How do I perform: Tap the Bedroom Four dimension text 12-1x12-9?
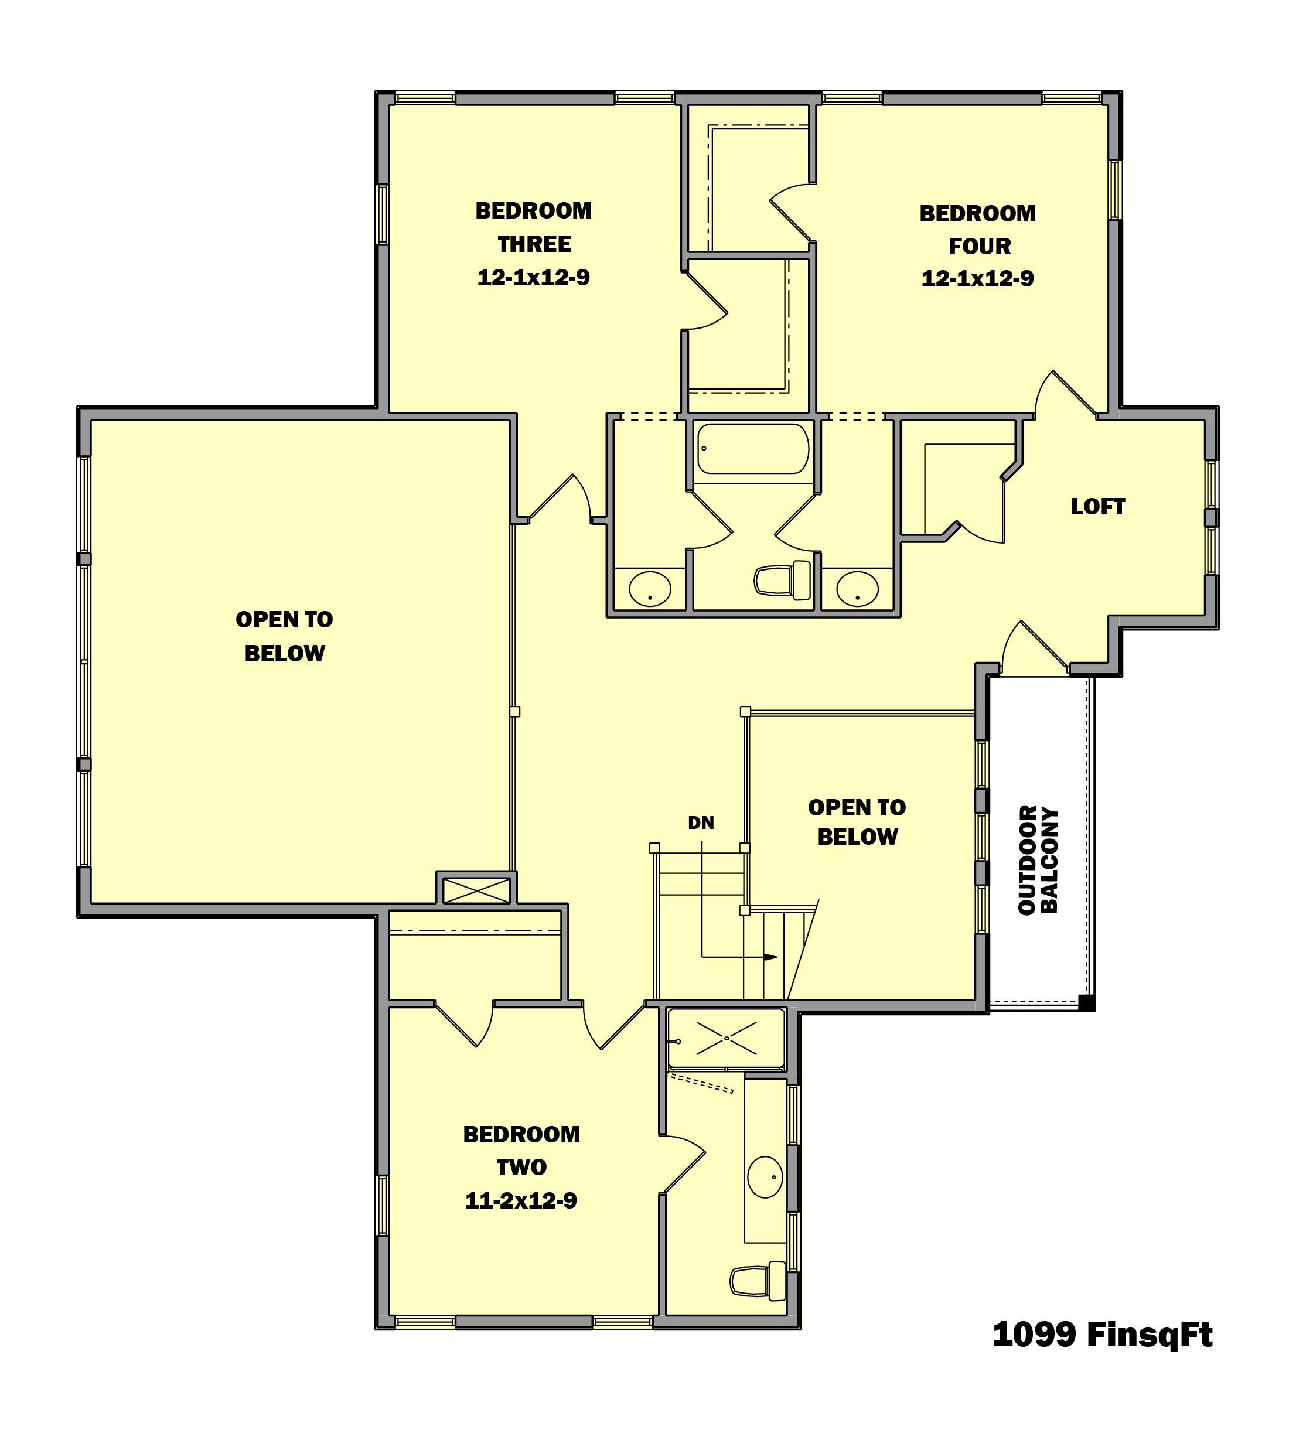(x=977, y=278)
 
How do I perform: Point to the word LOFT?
(x=1097, y=506)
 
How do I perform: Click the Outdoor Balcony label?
(x=1038, y=859)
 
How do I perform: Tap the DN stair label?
(x=701, y=823)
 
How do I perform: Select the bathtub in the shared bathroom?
(x=753, y=449)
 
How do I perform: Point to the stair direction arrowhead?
(x=770, y=957)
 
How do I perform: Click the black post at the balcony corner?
(x=1087, y=1002)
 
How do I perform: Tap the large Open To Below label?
(x=284, y=636)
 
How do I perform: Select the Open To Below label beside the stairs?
(x=857, y=822)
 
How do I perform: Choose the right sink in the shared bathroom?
(x=857, y=589)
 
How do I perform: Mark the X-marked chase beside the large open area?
(x=476, y=890)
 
